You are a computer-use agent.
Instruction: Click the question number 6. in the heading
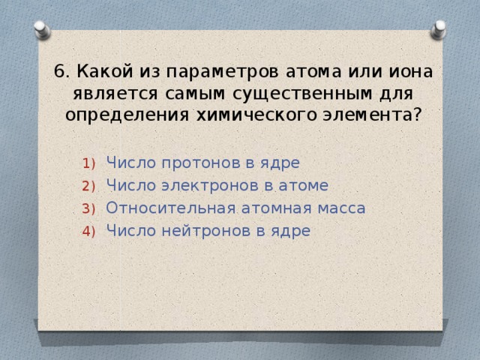coord(62,72)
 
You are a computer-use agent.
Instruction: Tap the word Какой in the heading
coord(102,72)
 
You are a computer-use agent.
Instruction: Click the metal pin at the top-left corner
coord(42,30)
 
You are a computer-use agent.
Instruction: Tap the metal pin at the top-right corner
coord(439,30)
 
